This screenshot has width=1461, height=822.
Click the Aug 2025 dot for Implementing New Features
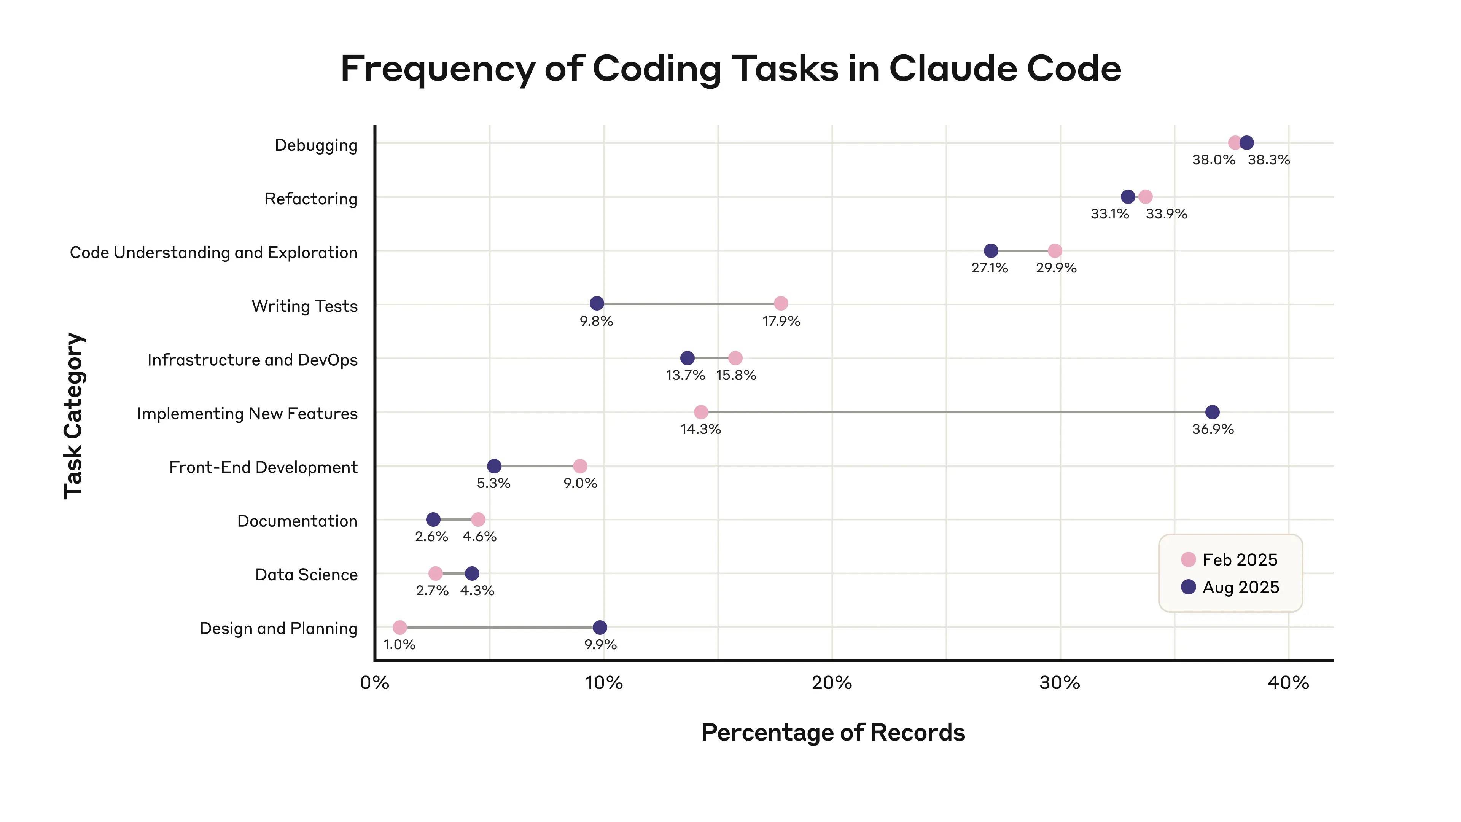tap(1212, 412)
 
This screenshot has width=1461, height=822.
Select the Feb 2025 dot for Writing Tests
tap(781, 304)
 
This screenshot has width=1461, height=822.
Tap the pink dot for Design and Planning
tap(400, 628)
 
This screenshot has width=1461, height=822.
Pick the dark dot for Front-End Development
tap(494, 466)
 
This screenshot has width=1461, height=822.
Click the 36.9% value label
tap(1213, 429)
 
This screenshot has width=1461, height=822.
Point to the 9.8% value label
tap(596, 322)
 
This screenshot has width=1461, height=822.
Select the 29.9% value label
tap(1056, 268)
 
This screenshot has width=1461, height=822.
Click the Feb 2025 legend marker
tap(1188, 559)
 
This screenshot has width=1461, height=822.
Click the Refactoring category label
tap(311, 199)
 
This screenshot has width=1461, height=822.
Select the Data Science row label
tap(306, 575)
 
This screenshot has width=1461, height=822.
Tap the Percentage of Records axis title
tap(832, 732)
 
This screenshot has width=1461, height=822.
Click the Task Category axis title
tap(74, 416)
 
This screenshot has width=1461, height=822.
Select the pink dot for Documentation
tap(478, 519)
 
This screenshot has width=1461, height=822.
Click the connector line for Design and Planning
tap(499, 628)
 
